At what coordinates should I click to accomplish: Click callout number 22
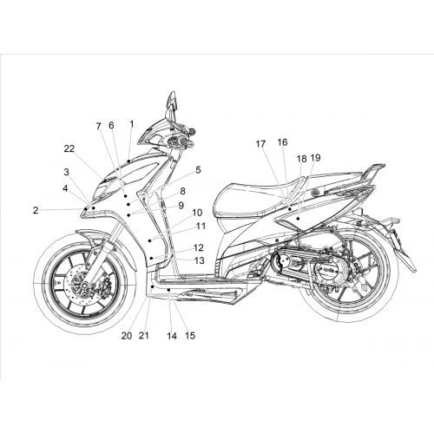[69, 148]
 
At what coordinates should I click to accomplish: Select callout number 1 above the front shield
[132, 124]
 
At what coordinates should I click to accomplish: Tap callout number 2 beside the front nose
[36, 210]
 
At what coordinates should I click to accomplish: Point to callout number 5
[198, 170]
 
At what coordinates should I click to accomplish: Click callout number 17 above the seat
[260, 144]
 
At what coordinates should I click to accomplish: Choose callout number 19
[315, 158]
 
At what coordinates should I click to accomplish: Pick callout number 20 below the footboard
[127, 336]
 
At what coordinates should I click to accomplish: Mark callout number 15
[190, 336]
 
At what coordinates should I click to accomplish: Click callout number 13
[200, 260]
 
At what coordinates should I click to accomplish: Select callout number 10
[197, 213]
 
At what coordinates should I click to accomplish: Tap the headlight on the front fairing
[108, 188]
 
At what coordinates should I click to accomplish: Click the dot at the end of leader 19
[298, 219]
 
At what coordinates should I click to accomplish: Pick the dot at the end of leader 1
[128, 160]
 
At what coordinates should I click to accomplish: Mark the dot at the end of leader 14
[168, 289]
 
